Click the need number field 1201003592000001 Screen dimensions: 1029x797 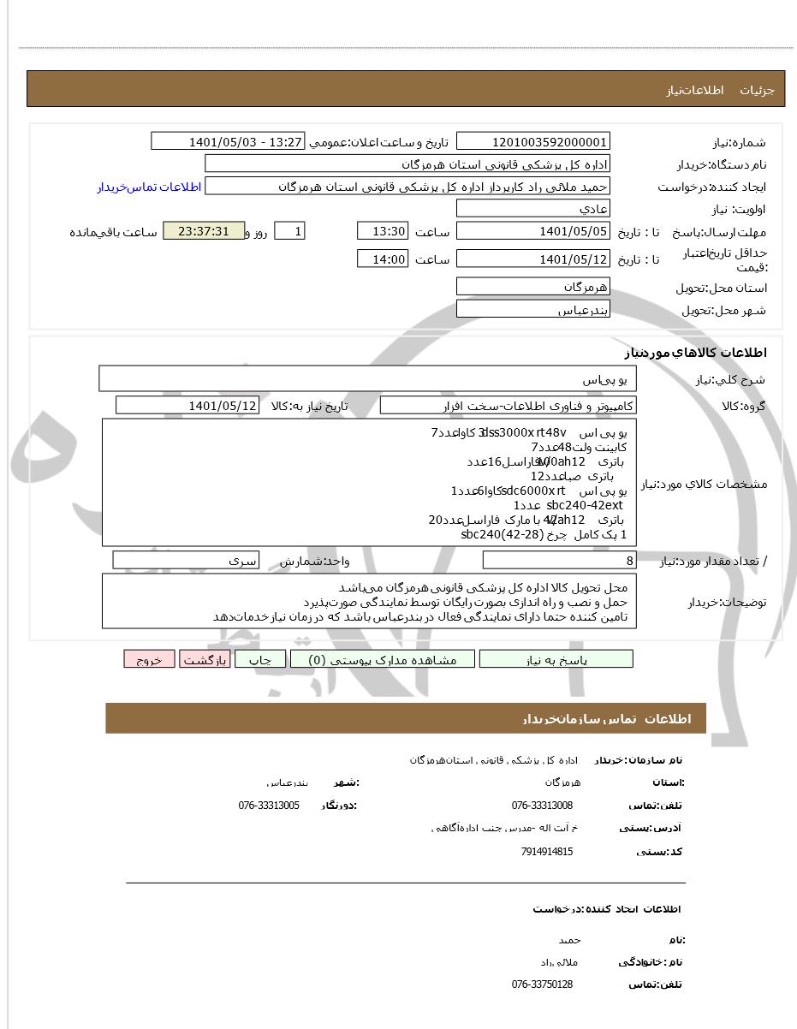532,142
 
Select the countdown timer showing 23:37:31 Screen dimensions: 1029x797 204,232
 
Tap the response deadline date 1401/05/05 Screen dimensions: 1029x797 532,232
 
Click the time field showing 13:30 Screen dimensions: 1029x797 382,232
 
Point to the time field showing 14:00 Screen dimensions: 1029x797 382,259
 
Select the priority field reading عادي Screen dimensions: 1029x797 532,209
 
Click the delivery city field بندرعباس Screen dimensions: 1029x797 532,310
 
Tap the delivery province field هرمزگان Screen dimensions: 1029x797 532,287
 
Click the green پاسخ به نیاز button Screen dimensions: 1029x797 556,659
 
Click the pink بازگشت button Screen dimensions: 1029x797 205,659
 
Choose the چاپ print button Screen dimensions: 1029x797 260,659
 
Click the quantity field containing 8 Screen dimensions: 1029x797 559,561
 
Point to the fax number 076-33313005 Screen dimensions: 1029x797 269,806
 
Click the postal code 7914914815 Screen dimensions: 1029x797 546,852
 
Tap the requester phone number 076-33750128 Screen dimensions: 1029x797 542,984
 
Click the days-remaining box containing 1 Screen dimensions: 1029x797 289,232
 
